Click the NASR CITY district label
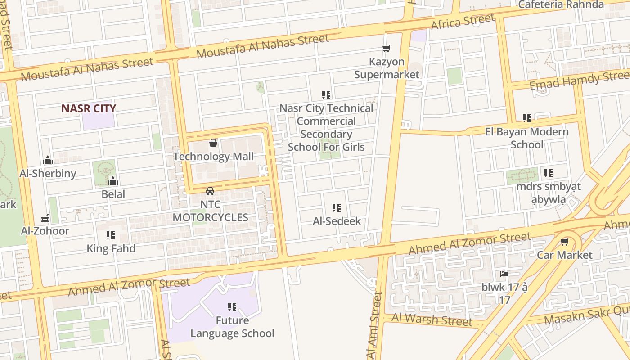click(x=89, y=108)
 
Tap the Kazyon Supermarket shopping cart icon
click(x=386, y=49)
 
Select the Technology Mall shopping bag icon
click(x=213, y=144)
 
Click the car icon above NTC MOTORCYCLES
click(x=210, y=191)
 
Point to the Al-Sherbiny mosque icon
click(x=48, y=160)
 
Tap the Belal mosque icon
click(x=113, y=181)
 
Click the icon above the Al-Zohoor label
click(x=45, y=218)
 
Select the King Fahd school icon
click(x=111, y=235)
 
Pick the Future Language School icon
click(x=232, y=307)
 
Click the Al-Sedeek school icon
click(x=337, y=208)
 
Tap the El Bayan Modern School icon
click(x=527, y=118)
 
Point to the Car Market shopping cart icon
click(x=564, y=242)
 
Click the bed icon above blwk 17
click(x=504, y=274)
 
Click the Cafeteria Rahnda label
click(x=561, y=4)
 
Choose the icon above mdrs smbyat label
click(x=548, y=173)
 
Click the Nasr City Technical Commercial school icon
click(x=326, y=95)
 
